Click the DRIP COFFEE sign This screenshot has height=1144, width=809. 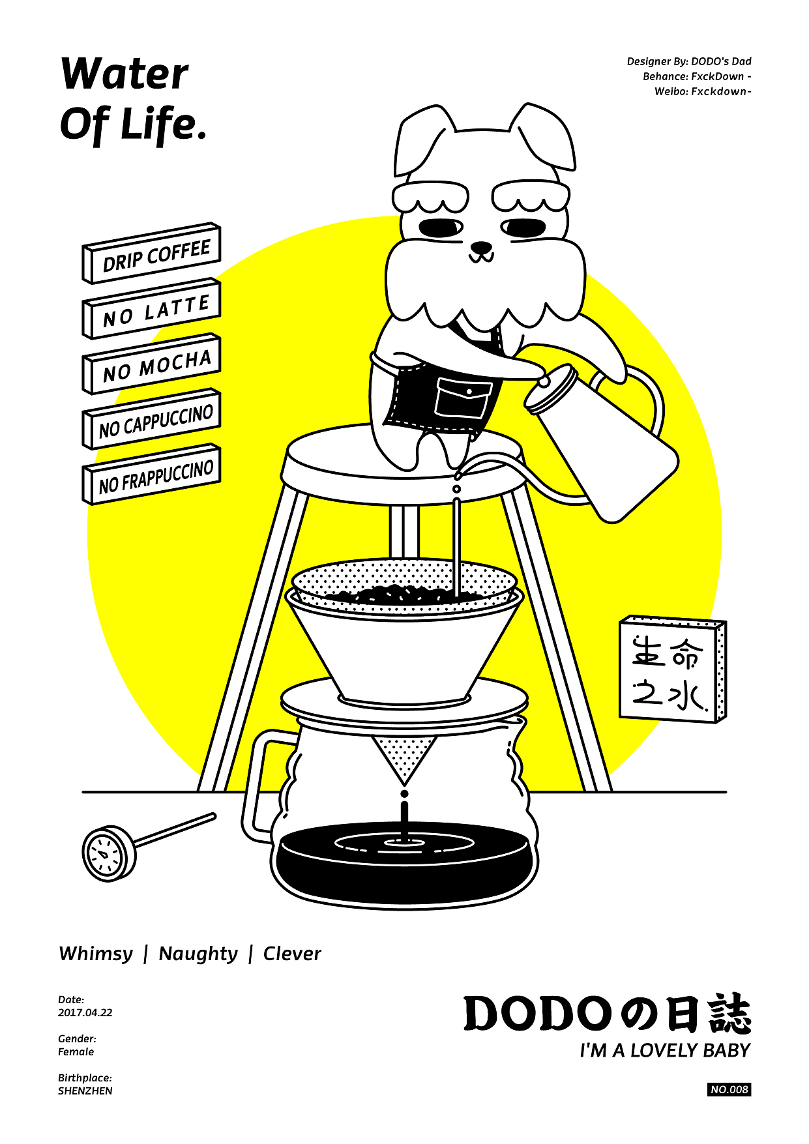[x=151, y=253]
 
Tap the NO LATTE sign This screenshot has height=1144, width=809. [x=151, y=309]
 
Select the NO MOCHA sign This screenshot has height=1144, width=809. [x=151, y=364]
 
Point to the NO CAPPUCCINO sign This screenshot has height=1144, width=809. [x=151, y=420]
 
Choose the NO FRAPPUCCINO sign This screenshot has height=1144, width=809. [x=151, y=475]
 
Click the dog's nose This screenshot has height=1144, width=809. [x=481, y=248]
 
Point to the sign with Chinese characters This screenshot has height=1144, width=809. [x=673, y=669]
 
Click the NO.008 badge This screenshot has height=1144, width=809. [x=729, y=1089]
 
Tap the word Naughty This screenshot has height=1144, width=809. [x=198, y=954]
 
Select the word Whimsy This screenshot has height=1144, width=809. [x=96, y=954]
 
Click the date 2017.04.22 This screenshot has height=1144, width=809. [x=85, y=1012]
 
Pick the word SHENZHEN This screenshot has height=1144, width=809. [x=85, y=1091]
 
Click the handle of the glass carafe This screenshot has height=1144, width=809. [x=257, y=782]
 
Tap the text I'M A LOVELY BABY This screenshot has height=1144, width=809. [x=665, y=1050]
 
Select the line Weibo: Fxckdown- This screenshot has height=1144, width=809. [x=703, y=91]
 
